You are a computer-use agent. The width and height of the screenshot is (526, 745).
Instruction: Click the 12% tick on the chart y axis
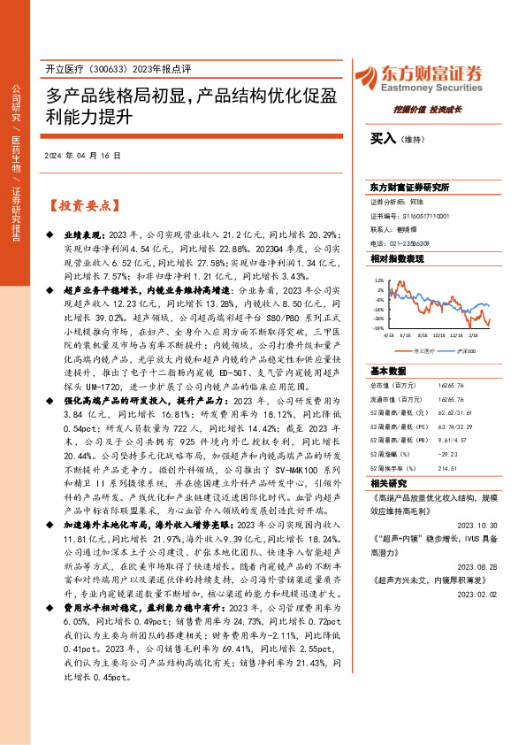click(x=379, y=279)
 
